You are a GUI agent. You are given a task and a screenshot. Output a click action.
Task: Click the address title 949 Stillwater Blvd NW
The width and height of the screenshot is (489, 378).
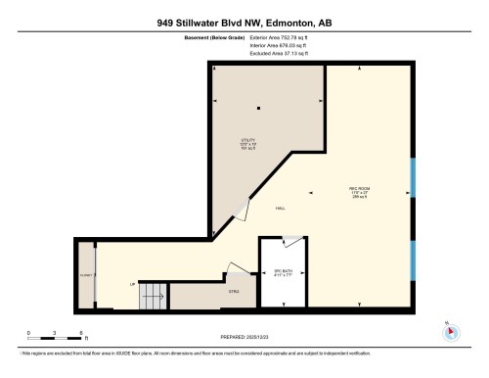point(244,23)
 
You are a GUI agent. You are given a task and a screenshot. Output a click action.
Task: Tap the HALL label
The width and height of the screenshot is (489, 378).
point(280,208)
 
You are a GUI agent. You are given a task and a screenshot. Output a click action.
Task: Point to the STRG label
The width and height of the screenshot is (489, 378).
point(233,291)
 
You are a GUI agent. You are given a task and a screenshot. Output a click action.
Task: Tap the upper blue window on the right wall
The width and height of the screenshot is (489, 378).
point(413,176)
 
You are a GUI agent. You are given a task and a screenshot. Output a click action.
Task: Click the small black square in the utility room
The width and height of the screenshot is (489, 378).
point(258,108)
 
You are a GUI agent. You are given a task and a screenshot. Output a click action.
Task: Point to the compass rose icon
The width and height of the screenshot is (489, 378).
point(450,330)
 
